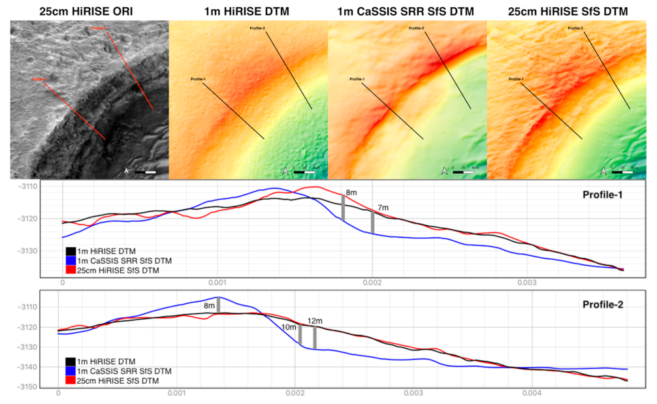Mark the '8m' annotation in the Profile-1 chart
tap(351, 193)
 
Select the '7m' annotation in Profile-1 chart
tap(381, 206)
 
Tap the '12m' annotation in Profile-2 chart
tap(315, 320)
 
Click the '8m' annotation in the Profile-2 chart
tap(209, 305)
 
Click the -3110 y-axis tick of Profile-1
tap(29, 187)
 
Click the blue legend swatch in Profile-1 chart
tap(70, 260)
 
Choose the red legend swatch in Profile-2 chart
tap(70, 380)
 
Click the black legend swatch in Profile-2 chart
tap(70, 360)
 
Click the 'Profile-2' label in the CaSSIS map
tap(418, 28)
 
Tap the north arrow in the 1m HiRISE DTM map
tap(285, 172)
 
